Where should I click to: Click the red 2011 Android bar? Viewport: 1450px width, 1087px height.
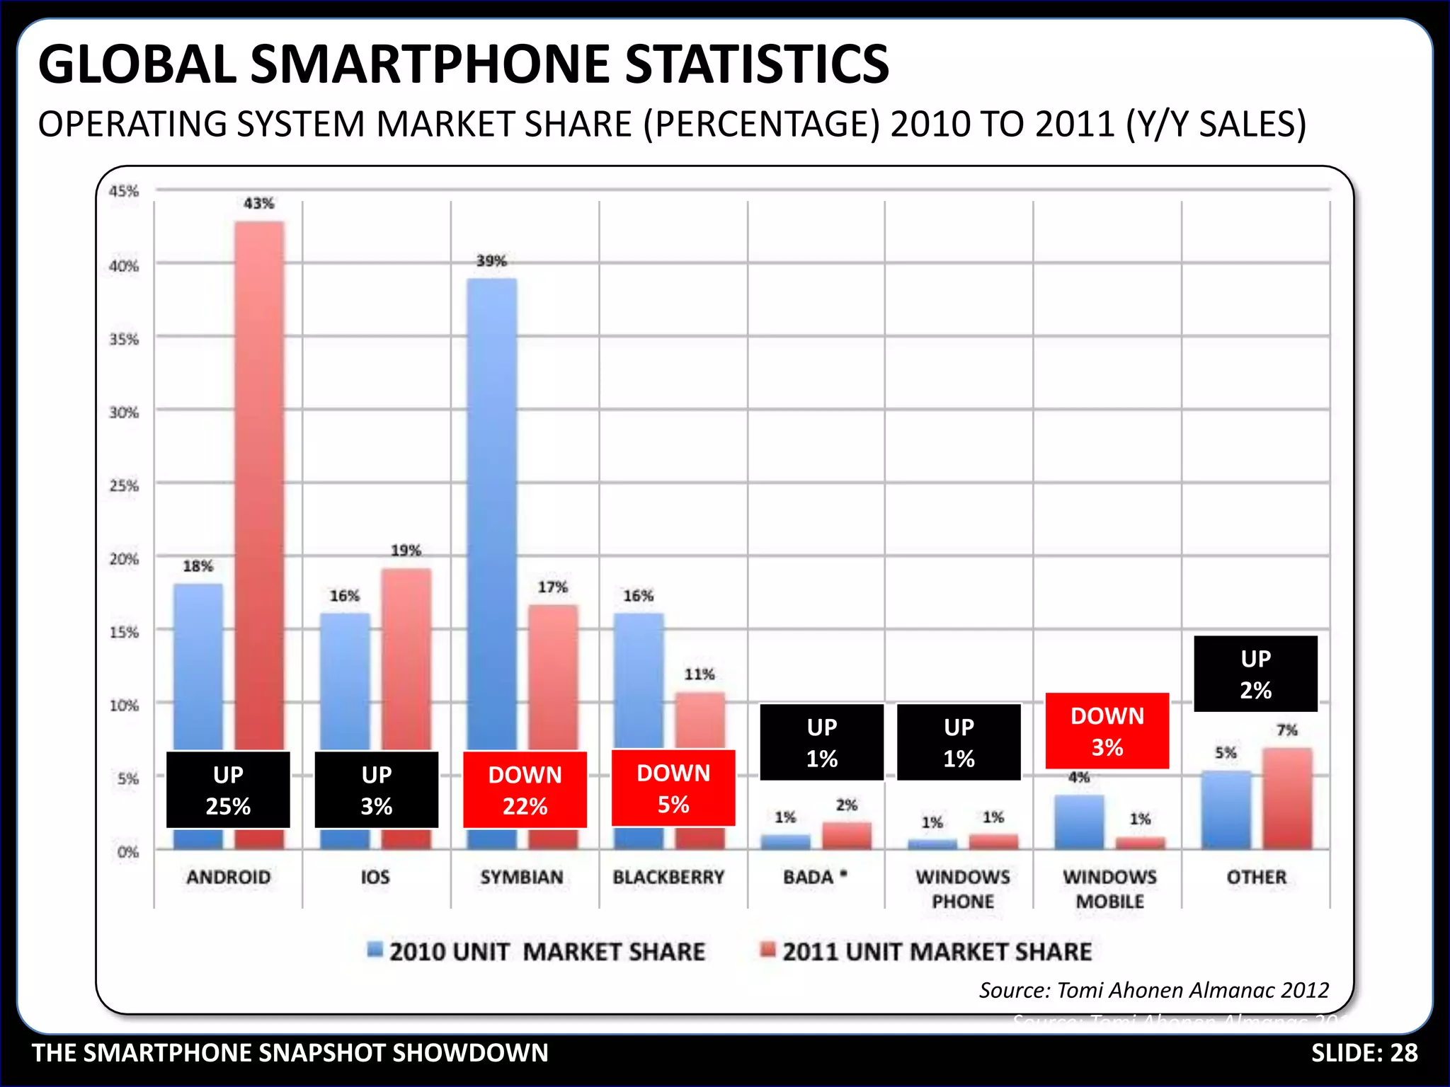point(260,481)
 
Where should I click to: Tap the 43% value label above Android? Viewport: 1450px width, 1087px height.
point(258,204)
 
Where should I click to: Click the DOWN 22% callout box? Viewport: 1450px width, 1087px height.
point(525,790)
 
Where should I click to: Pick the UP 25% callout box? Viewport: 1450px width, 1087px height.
point(228,790)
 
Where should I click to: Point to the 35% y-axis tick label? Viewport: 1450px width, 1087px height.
point(124,340)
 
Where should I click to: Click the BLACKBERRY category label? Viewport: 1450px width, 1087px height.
point(668,878)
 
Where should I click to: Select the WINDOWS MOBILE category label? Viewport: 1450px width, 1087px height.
point(1109,890)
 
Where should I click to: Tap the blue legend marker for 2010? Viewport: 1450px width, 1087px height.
point(375,950)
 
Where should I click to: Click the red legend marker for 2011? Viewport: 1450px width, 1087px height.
point(767,950)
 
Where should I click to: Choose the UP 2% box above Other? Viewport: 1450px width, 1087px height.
point(1255,674)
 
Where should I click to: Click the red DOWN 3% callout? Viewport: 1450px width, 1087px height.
point(1107,731)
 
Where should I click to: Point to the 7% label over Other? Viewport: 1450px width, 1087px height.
point(1286,730)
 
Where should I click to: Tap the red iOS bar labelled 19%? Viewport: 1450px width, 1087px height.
point(406,658)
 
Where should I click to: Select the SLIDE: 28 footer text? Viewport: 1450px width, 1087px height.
point(1364,1053)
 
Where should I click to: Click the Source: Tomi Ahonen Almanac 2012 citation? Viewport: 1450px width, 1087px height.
point(1153,990)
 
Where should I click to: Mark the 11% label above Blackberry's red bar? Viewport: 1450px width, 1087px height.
point(699,674)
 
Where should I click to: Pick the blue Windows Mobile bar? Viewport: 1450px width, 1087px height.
point(1079,822)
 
